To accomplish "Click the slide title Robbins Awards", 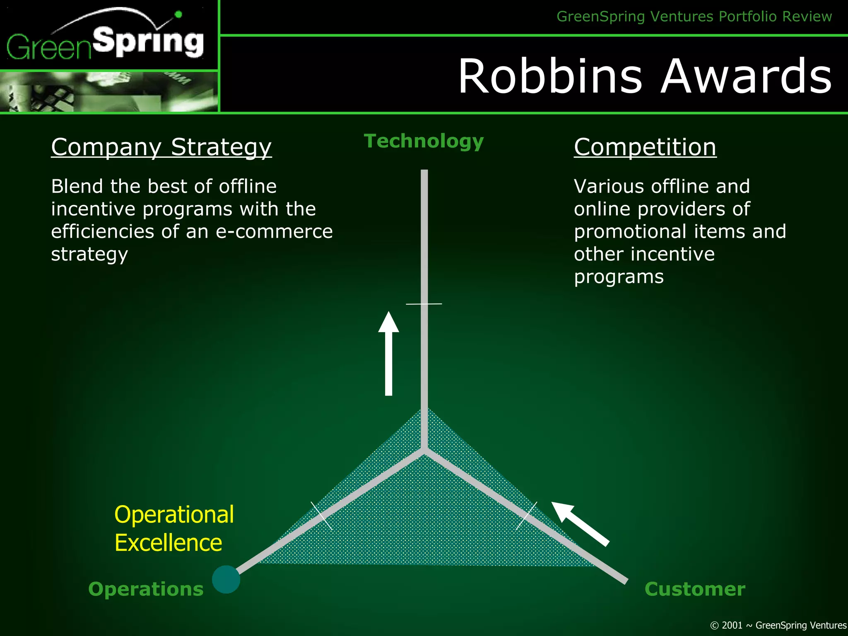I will coord(645,76).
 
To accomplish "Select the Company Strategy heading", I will coord(161,147).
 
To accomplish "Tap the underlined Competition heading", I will coord(645,147).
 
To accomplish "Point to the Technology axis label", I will coord(424,141).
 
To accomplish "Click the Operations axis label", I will coord(146,589).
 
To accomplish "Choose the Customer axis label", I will coord(694,589).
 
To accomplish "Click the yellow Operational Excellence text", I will coord(174,528).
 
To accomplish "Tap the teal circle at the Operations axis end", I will coord(226,579).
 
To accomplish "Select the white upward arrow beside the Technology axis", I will coord(388,354).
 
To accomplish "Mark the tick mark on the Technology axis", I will coord(424,304).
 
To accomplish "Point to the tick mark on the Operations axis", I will coord(322,516).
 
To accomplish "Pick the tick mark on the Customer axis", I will coord(527,516).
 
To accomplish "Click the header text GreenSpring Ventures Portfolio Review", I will coord(694,17).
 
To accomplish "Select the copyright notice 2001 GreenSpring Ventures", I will coord(778,625).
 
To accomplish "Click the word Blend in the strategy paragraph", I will coord(77,186).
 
